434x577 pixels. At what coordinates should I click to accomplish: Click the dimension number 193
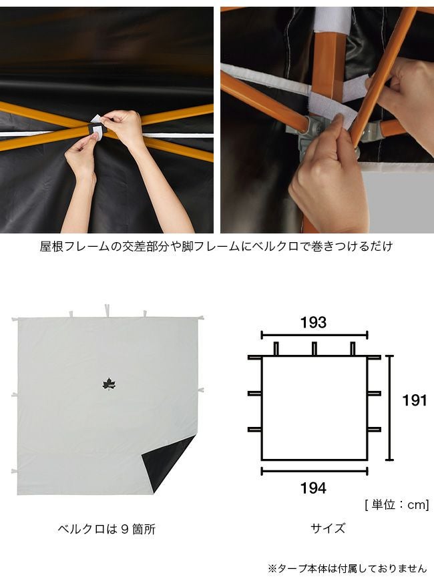tap(314, 322)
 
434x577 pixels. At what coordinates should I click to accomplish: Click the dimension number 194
tap(314, 488)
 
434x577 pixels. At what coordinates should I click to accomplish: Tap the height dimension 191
tap(415, 400)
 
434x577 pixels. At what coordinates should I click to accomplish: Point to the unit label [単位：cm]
tap(397, 504)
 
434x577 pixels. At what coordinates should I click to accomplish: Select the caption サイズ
tap(328, 528)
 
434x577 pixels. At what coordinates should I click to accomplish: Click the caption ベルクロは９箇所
tap(107, 529)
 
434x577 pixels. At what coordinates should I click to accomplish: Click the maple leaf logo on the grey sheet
tap(109, 384)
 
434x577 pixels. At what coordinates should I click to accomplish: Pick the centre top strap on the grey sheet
tap(107, 311)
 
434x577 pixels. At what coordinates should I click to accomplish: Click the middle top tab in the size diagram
tap(314, 349)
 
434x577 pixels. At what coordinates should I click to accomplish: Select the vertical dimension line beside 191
tap(389, 408)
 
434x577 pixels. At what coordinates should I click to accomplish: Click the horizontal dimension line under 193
tap(314, 335)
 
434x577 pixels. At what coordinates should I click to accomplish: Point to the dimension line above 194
tap(314, 471)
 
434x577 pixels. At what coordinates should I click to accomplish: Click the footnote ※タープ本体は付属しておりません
tap(347, 568)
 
